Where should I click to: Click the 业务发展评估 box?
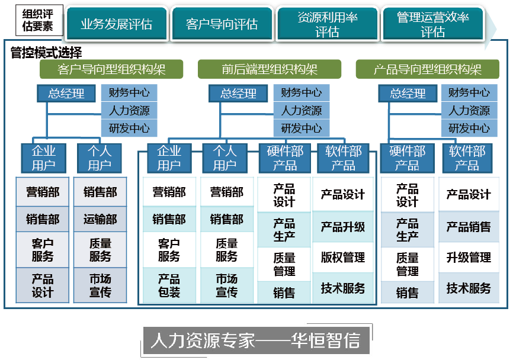coord(117,24)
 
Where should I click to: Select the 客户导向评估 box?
coord(222,24)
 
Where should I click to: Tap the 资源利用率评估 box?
coord(327,24)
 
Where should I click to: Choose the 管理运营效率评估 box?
coord(432,24)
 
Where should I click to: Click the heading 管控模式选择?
coord(46,53)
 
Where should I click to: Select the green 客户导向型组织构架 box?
coord(112,69)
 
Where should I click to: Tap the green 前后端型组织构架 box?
coord(270,69)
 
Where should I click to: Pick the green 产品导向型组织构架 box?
coord(428,69)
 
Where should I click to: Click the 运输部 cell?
coord(100,220)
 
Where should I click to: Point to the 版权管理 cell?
coord(343,258)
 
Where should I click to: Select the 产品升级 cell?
coord(343,226)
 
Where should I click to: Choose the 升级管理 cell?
coord(469,258)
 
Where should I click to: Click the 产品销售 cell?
coord(469,227)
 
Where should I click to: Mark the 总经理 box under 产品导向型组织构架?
coord(408,94)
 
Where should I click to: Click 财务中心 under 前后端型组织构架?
coord(302,92)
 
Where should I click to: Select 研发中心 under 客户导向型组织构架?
coord(129,128)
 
